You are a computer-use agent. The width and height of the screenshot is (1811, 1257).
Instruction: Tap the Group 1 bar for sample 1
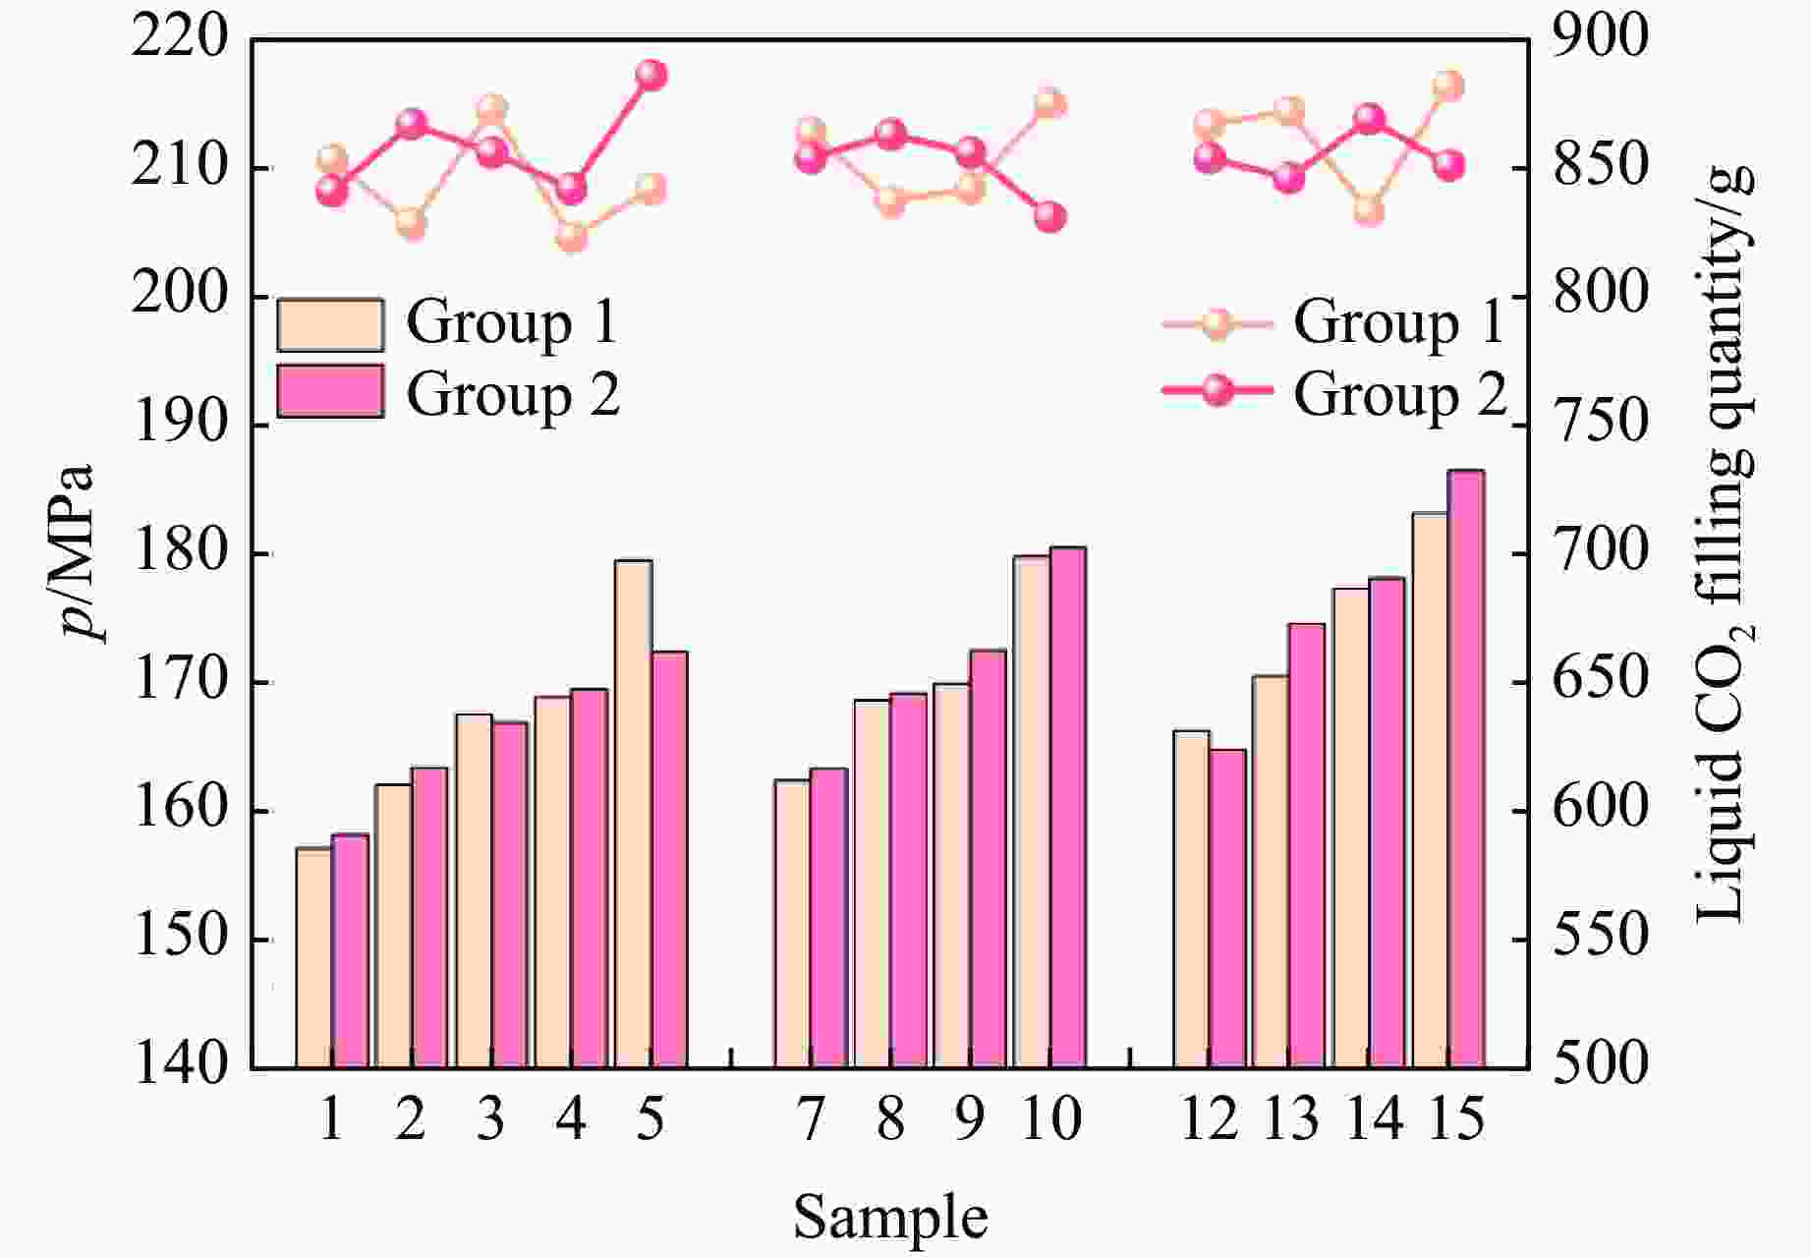coord(313,957)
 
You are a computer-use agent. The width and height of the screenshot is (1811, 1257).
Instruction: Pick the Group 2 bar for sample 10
coord(1067,807)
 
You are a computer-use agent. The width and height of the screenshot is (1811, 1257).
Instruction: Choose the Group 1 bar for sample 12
coord(1191,898)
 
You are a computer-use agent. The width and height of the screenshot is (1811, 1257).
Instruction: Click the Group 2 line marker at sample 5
coord(651,75)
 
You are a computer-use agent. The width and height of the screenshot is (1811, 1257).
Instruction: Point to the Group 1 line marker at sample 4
coord(571,237)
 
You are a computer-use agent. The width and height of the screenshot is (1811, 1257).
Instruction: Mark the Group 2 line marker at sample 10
coord(1049,216)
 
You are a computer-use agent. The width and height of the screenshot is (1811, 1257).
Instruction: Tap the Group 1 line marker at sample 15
coord(1448,86)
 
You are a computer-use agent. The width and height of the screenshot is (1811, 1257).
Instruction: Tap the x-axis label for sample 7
coord(810,1118)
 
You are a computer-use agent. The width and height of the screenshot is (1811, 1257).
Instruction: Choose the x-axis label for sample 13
coord(1290,1118)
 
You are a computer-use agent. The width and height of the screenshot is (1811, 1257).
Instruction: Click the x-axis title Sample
coord(890,1217)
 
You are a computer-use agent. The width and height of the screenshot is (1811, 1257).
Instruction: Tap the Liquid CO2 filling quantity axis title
coord(1727,550)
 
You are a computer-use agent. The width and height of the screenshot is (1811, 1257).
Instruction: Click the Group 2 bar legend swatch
coord(330,392)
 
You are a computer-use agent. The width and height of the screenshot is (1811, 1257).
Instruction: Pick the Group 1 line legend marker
coord(1217,323)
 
